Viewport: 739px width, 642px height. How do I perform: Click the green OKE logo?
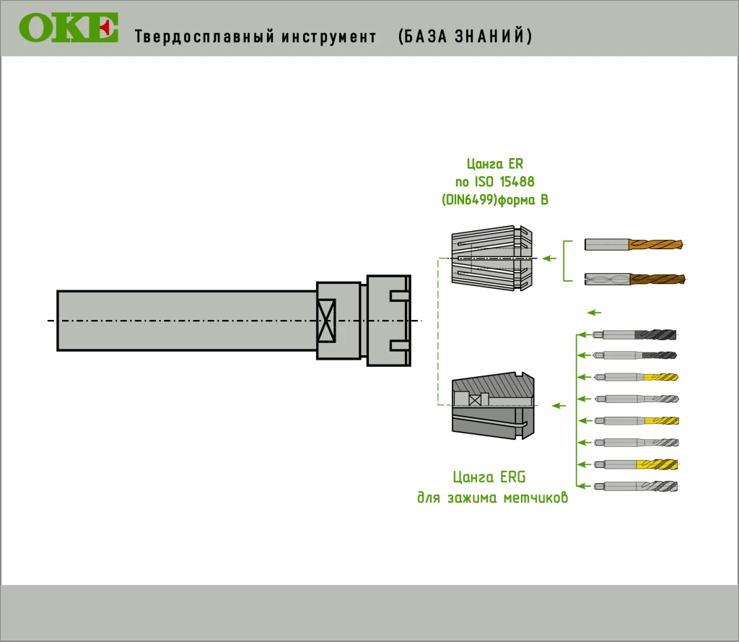[x=69, y=28]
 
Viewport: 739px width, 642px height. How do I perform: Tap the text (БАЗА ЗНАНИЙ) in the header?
[x=465, y=37]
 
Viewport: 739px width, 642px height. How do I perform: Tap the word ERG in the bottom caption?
[x=512, y=477]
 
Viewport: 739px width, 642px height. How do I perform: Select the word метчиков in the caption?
[x=535, y=498]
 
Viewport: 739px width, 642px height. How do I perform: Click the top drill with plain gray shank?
[x=633, y=245]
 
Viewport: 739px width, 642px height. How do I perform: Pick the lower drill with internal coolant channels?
[x=633, y=279]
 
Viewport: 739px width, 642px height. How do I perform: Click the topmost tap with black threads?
[x=635, y=334]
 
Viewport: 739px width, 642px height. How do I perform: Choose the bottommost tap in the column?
[x=635, y=486]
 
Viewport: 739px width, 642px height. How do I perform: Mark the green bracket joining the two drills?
[x=564, y=261]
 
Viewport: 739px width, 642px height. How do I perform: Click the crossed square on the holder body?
[x=328, y=320]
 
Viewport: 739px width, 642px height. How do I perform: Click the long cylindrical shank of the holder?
[x=186, y=320]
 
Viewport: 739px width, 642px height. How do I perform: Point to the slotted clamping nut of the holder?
[x=388, y=320]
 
